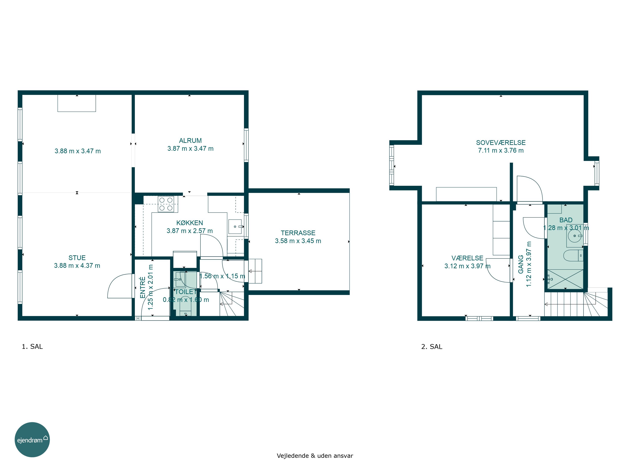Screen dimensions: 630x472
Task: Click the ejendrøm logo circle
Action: click(32, 439)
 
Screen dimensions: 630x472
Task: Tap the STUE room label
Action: click(77, 258)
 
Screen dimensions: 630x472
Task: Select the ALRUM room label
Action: click(190, 141)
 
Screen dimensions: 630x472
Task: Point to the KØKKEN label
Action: click(190, 223)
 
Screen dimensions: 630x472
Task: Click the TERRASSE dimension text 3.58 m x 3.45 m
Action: click(298, 241)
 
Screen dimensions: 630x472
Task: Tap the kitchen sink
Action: click(235, 227)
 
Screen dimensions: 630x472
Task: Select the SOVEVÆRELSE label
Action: click(501, 142)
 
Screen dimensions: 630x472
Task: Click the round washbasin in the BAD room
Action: click(575, 236)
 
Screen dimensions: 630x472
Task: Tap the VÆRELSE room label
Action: click(467, 258)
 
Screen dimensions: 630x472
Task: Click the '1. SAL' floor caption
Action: click(32, 347)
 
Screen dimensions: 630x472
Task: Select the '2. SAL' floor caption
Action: click(432, 347)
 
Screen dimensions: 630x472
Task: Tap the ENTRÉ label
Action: click(143, 287)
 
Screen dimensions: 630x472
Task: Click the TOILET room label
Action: click(185, 292)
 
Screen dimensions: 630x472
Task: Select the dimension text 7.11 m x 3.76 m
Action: click(501, 150)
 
